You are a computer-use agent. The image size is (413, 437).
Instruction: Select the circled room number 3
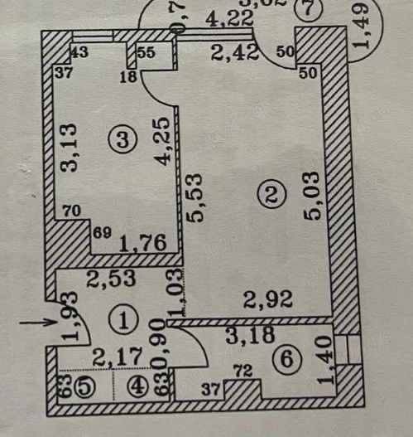(x=125, y=140)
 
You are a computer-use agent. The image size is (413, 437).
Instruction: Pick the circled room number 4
(x=138, y=386)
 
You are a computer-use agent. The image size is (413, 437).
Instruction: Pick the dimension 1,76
(x=139, y=245)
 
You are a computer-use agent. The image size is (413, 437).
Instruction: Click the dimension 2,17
(x=113, y=358)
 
